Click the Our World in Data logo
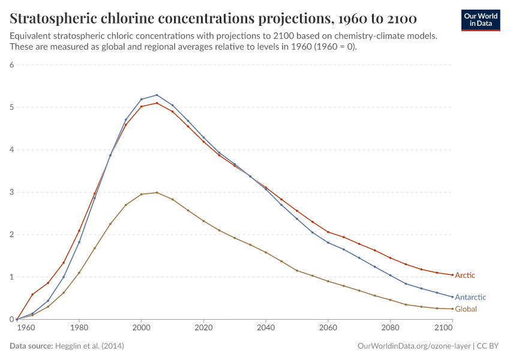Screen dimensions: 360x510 pyautogui.click(x=480, y=20)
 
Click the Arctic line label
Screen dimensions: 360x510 pyautogui.click(x=465, y=275)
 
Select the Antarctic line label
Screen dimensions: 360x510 pyautogui.click(x=470, y=297)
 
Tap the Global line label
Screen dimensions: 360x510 pyautogui.click(x=466, y=309)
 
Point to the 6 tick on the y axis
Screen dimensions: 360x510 pyautogui.click(x=11, y=65)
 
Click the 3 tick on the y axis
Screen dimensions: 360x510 pyautogui.click(x=11, y=193)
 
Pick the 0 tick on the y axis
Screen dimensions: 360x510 pyautogui.click(x=11, y=320)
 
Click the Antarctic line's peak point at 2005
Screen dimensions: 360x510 pyautogui.click(x=157, y=95)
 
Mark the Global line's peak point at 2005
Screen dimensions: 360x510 pyautogui.click(x=157, y=193)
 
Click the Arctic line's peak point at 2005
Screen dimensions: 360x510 pyautogui.click(x=157, y=103)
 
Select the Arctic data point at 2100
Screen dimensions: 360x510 pyautogui.click(x=452, y=275)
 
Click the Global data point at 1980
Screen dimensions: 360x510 pyautogui.click(x=79, y=273)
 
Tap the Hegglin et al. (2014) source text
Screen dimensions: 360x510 pyautogui.click(x=89, y=346)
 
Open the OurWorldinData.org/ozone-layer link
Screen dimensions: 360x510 pyautogui.click(x=413, y=346)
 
